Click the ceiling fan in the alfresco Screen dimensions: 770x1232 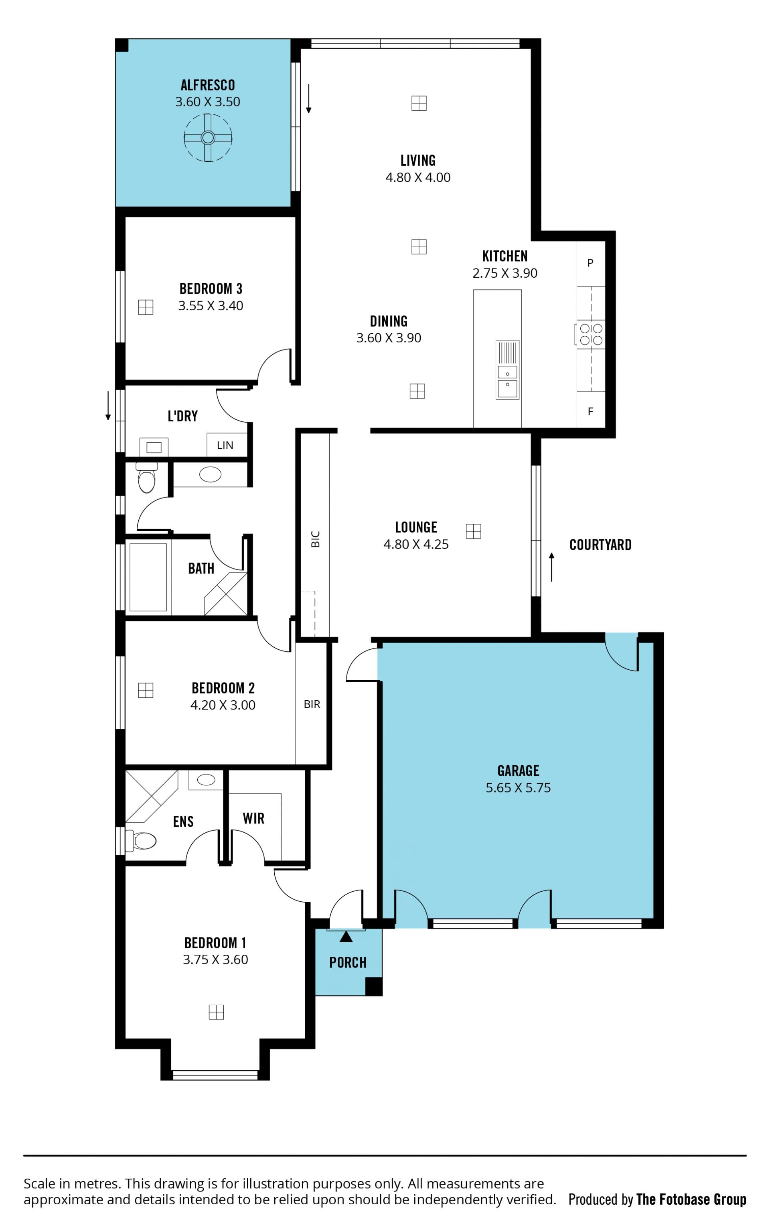coord(208,138)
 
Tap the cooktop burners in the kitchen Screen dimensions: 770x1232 coord(591,334)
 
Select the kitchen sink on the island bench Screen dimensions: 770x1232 coord(507,369)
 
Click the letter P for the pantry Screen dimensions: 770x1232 coord(590,263)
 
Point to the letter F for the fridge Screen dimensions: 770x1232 coord(590,411)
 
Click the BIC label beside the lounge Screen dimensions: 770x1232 coord(315,539)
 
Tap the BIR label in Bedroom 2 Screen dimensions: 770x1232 coord(312,704)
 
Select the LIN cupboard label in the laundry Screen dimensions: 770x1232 coord(225,445)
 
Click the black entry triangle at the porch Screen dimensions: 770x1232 coord(346,937)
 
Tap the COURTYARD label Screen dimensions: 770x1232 coord(600,545)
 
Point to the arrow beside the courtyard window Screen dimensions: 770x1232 coord(551,567)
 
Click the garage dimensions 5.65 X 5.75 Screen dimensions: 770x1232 coord(518,788)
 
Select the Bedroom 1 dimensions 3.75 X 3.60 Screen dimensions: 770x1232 coord(215,960)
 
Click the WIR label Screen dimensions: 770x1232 coord(253,818)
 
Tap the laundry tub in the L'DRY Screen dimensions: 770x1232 coord(154,447)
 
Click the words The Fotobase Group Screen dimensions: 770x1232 coord(691,1200)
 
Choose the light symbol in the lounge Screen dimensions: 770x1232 coord(474,531)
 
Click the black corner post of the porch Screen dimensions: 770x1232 coord(374,986)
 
